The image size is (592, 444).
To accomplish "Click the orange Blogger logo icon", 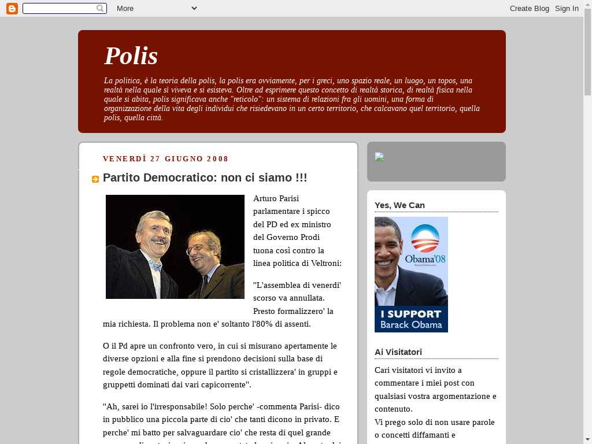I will coord(12,8).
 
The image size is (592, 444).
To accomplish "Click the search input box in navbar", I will coord(59,8).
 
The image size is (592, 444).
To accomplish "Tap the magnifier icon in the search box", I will coord(101,8).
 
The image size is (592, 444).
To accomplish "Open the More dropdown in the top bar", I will coord(156,8).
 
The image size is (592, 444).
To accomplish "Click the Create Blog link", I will coord(529,8).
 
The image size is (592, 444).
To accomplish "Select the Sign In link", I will coord(567,8).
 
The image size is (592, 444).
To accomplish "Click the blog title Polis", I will coord(131,56).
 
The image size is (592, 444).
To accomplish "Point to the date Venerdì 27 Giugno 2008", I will coord(165,159).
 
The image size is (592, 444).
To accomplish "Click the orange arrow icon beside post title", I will coord(95,179).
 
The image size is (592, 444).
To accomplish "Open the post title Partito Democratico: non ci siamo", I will coord(205,178).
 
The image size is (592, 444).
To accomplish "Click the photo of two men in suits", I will coord(175,247).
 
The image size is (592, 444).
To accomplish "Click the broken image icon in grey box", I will coord(379,157).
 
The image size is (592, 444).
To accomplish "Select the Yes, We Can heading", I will coord(399,205).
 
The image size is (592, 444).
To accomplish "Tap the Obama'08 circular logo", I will coord(425,239).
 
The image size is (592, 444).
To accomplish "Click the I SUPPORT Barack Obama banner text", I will coord(410,319).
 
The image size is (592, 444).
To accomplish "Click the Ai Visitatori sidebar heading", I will coord(398,352).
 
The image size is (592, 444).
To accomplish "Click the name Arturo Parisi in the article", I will coord(276,198).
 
